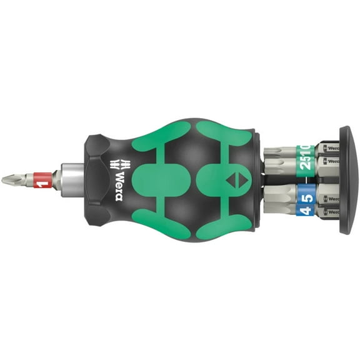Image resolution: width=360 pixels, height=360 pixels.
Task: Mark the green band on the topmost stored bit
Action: tap(306, 149)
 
